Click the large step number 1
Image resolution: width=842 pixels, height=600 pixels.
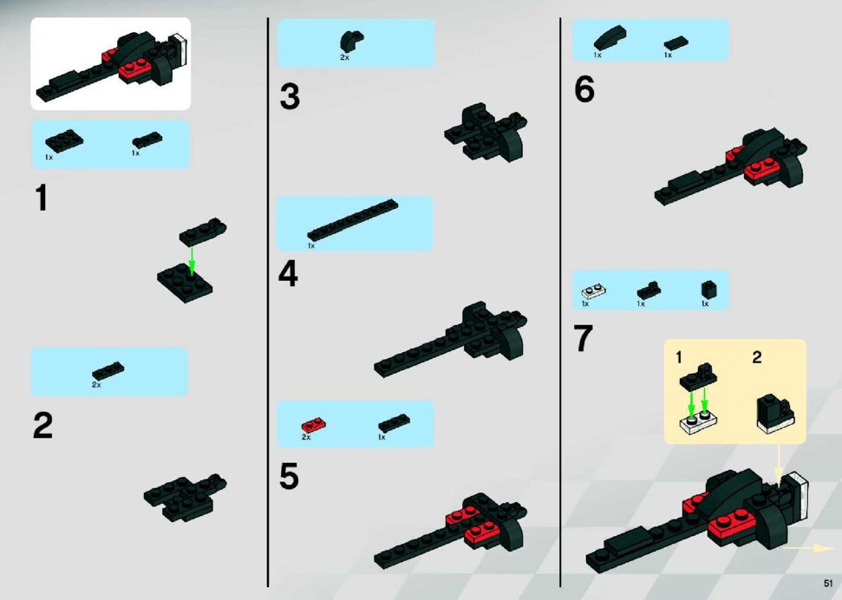[42, 198]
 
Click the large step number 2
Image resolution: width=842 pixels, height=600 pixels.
[43, 426]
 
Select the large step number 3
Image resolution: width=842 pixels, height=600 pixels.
[290, 97]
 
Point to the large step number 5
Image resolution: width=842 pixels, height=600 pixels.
[289, 476]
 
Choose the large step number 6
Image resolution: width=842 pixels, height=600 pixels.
[584, 88]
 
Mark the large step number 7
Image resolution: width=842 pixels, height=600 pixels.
[584, 338]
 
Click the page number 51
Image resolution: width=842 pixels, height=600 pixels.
[828, 583]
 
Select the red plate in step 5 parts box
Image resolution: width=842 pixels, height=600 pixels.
[314, 426]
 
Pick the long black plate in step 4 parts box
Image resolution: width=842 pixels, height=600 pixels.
[353, 219]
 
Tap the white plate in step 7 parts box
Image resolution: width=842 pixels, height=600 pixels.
[593, 291]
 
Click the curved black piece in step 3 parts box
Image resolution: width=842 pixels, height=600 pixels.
[351, 41]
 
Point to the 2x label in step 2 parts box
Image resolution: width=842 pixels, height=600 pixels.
[96, 385]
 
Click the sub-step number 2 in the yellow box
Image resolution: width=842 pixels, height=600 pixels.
[757, 357]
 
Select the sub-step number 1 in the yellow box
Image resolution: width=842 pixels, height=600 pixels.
[679, 357]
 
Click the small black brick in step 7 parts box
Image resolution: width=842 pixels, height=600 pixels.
[708, 290]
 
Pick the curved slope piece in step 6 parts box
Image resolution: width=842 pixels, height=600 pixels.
[610, 37]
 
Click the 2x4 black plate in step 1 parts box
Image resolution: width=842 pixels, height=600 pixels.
[64, 141]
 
